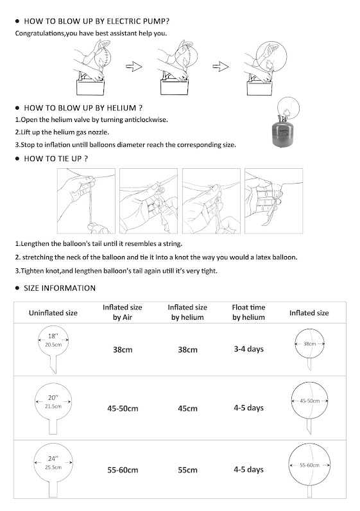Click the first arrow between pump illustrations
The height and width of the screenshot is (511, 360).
pos(134,67)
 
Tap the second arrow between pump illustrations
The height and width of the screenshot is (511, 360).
pos(221,67)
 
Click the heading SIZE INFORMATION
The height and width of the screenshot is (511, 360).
pos(60,288)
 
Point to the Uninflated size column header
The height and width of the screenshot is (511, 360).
pos(53,313)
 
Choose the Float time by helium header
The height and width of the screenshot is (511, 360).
pos(248,312)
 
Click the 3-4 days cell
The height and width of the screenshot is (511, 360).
pos(248,349)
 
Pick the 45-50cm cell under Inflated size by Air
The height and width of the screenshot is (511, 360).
pos(123,408)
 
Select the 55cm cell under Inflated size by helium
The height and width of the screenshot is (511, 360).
pos(187,470)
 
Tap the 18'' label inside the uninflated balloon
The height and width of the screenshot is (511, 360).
pos(53,336)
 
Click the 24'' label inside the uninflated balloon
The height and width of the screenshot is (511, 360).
pos(53,459)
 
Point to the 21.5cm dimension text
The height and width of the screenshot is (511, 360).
pos(53,406)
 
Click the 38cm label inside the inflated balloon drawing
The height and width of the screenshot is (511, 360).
pos(309,344)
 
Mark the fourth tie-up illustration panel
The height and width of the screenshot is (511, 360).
pos(273,201)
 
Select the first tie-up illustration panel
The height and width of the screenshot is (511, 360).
pos(86,201)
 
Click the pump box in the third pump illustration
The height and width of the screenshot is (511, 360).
pos(260,89)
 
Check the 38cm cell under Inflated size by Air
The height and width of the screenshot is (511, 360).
pos(123,350)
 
